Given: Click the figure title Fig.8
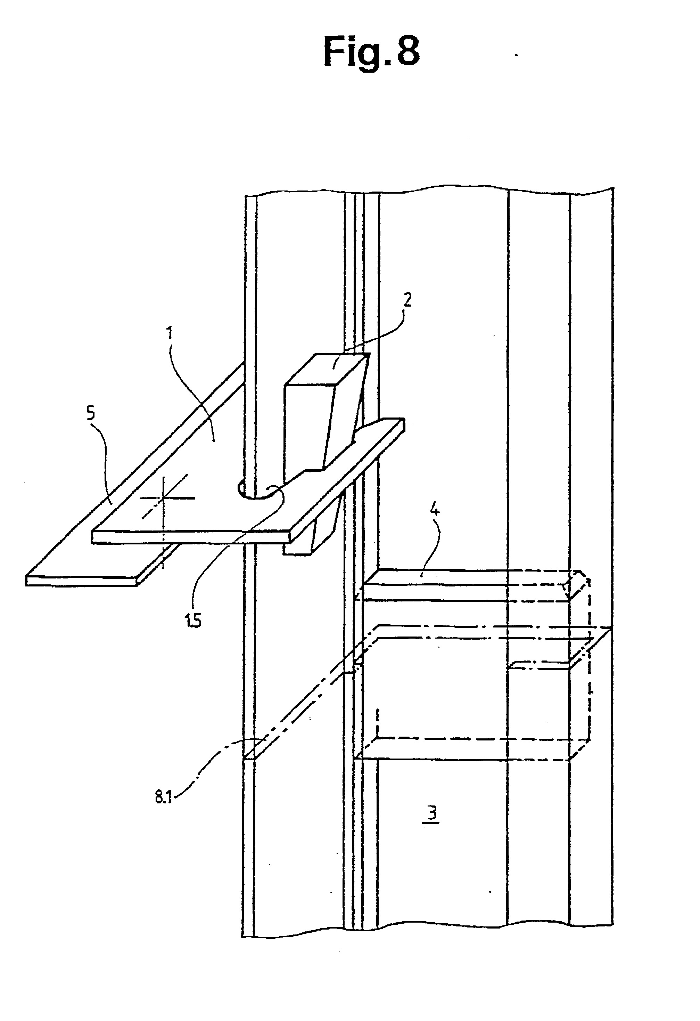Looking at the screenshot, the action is [x=371, y=51].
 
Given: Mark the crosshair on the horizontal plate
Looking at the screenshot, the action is [x=163, y=498].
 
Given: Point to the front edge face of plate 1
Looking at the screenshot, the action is [x=191, y=537].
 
